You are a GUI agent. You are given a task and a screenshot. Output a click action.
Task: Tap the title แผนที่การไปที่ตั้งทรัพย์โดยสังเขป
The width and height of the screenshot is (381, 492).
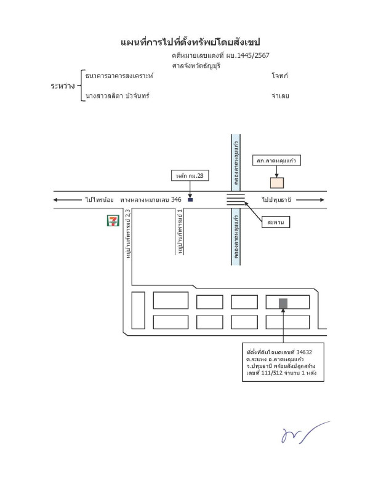click(x=190, y=42)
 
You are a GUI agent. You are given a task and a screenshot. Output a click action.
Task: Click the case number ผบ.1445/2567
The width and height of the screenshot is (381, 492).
click(x=249, y=56)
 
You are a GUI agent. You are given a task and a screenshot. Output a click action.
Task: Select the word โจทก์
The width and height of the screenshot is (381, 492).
click(x=279, y=76)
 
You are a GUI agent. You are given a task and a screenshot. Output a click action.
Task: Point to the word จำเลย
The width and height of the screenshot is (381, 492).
click(x=279, y=96)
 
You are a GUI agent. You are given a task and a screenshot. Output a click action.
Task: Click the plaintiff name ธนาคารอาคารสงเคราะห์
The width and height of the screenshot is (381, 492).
click(x=119, y=76)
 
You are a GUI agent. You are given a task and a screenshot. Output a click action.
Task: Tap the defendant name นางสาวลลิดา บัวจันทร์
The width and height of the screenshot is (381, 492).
click(x=118, y=96)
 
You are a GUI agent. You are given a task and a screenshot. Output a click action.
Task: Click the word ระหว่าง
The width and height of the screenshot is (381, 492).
click(x=63, y=86)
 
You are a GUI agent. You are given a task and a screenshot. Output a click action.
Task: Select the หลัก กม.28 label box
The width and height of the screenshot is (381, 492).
click(x=190, y=176)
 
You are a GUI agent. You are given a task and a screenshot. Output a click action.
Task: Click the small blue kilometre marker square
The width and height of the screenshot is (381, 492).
click(x=190, y=199)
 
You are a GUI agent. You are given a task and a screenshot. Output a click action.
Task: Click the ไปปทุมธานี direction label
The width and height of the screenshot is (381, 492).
click(x=276, y=200)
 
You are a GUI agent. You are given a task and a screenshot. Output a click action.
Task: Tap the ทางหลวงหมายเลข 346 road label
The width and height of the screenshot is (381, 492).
click(x=151, y=200)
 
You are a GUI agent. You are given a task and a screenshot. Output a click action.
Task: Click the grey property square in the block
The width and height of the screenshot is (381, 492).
click(x=283, y=303)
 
